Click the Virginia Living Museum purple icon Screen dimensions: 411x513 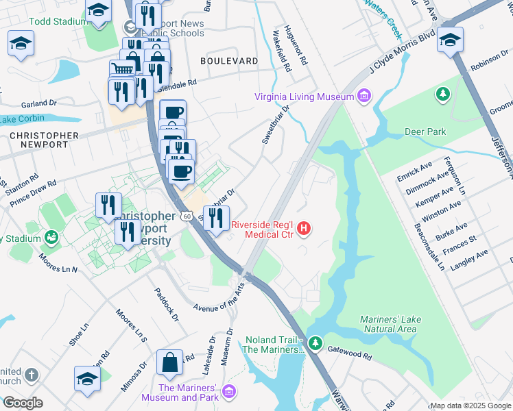363,97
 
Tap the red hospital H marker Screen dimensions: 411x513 305,229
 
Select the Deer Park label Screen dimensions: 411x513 425,132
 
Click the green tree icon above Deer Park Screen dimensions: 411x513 444,92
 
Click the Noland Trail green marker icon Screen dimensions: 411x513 315,342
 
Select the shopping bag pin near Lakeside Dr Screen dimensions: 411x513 169,363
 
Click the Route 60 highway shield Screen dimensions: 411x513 186,215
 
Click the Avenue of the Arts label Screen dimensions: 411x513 218,297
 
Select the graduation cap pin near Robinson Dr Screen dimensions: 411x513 450,40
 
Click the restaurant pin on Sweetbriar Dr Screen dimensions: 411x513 216,218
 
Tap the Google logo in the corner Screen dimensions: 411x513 23,402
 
